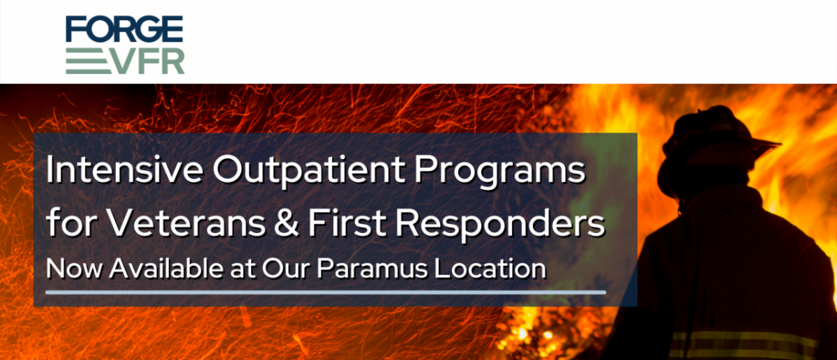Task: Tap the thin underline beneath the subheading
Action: [326, 292]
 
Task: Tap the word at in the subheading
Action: [239, 269]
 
